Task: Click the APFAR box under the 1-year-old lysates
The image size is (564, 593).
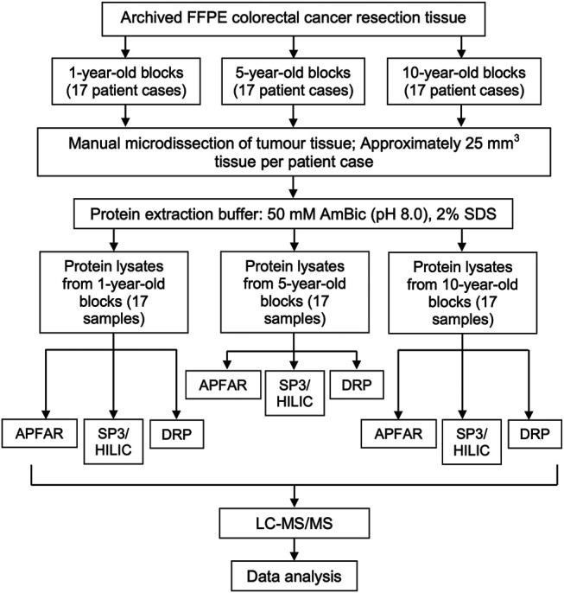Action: pyautogui.click(x=35, y=434)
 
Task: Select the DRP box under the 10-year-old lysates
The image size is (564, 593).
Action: pyautogui.click(x=534, y=434)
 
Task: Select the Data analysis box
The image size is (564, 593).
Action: pyautogui.click(x=296, y=573)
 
